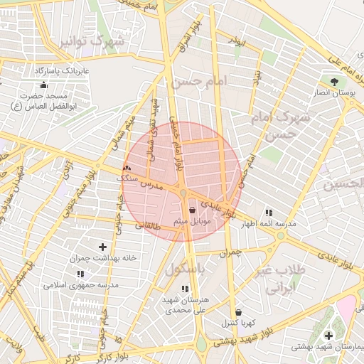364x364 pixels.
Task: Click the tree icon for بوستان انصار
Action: coord(333,80)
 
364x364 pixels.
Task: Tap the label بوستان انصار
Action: coord(333,92)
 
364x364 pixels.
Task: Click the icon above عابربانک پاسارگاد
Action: coord(44,85)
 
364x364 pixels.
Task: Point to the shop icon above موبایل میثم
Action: coord(193,210)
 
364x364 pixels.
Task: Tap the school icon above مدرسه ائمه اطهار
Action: coord(268,212)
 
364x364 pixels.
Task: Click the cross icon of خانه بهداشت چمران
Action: coord(103,246)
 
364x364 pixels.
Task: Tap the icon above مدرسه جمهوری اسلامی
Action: coord(80,273)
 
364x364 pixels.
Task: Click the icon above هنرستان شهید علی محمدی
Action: coord(185,288)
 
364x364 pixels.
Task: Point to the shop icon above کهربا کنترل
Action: coord(237,311)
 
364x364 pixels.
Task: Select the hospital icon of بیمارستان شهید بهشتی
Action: coord(328,335)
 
